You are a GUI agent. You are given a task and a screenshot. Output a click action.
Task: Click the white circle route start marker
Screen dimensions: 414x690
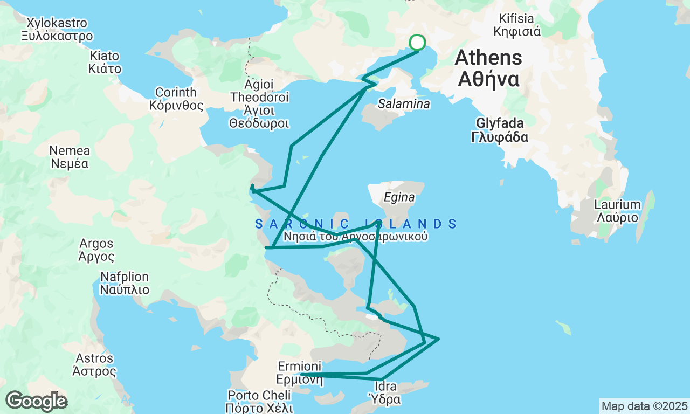417,42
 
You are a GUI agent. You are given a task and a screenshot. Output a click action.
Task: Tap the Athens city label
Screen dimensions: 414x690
489,68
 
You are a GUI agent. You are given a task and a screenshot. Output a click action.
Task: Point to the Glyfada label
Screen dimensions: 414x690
499,130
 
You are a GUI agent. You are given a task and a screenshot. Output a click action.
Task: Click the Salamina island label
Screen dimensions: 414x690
404,104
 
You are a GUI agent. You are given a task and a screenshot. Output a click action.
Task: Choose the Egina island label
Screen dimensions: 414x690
399,198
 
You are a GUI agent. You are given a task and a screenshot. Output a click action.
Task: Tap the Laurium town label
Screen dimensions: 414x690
617,211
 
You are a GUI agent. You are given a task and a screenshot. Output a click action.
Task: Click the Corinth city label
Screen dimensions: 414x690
176,99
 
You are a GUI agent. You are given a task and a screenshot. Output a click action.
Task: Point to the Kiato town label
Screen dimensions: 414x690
105,62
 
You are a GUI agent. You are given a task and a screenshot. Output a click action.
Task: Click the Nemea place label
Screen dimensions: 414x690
70,157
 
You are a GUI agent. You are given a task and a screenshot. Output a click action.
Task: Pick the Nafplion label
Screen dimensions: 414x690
124,284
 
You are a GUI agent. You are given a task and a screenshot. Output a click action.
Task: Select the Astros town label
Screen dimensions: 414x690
94,365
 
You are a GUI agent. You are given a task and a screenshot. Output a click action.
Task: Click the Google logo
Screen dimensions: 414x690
36,402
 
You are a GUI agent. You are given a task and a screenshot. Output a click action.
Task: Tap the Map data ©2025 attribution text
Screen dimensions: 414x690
644,406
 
